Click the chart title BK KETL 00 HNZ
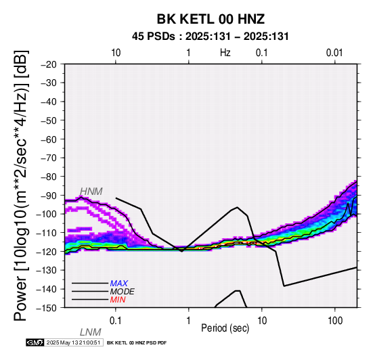(x=211, y=19)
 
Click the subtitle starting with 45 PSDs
(x=211, y=37)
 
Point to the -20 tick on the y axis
(x=49, y=64)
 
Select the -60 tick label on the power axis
(x=49, y=139)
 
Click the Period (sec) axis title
(x=225, y=328)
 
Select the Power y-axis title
(x=21, y=185)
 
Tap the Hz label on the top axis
(x=225, y=53)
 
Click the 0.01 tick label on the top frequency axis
(x=334, y=53)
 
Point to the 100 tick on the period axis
(x=335, y=321)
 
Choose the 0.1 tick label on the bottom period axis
(x=116, y=321)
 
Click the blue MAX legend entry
(x=119, y=284)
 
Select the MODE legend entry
(x=123, y=292)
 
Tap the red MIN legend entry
(x=118, y=300)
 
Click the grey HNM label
(x=91, y=192)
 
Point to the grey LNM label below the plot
(x=91, y=332)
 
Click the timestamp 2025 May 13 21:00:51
(x=73, y=343)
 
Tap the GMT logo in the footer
(x=35, y=342)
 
